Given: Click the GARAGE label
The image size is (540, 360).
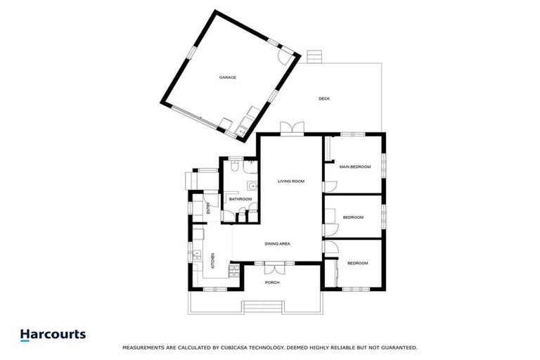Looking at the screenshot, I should click(227, 77).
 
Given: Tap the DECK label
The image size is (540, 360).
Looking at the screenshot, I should click(323, 98).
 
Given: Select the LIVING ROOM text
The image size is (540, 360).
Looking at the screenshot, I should click(290, 181).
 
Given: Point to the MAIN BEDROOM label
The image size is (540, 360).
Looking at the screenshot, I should click(354, 167).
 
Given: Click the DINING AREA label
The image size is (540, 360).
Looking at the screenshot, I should click(277, 244).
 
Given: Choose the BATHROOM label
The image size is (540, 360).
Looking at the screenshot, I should click(240, 199).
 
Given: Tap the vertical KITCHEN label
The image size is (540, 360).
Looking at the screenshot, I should click(213, 260).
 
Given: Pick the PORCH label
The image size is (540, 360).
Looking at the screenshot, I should click(272, 283).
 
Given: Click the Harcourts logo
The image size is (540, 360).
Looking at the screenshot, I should click(53, 335).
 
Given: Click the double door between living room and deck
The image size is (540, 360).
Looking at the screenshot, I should click(290, 128).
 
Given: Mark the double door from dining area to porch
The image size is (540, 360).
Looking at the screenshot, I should click(273, 268).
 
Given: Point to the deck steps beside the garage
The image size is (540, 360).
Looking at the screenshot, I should click(314, 56).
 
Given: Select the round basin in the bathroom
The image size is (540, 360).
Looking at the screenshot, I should click(252, 188).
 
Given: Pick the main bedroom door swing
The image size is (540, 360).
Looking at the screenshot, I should click(330, 186).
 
